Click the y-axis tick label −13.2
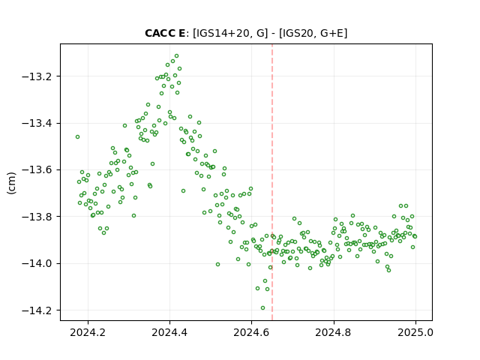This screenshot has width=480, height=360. click(x=39, y=76)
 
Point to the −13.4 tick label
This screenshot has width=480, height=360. click(x=39, y=123)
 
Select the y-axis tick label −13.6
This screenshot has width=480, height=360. click(x=39, y=170)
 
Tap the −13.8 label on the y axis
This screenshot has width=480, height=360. click(x=39, y=217)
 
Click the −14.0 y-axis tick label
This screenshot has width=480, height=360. click(x=39, y=263)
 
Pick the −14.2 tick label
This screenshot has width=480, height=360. click(x=39, y=310)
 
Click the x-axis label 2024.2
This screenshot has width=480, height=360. click(x=88, y=332)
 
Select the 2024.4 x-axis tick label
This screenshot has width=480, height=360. click(x=169, y=332)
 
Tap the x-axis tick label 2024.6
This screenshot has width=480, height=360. click(x=251, y=332)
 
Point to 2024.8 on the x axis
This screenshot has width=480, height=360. click(x=333, y=332)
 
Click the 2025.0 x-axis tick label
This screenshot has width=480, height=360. click(x=415, y=332)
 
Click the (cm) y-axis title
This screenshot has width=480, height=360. click(x=11, y=183)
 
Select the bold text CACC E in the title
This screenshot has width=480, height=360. click(x=165, y=33)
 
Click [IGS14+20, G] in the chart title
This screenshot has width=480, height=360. click(x=230, y=33)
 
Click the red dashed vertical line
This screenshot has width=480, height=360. click(x=272, y=182)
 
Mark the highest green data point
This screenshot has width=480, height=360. click(x=177, y=56)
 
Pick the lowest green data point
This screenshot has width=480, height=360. click(x=262, y=308)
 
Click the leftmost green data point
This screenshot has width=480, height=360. click(x=78, y=136)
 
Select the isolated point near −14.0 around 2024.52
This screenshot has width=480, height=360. click(x=217, y=265)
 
